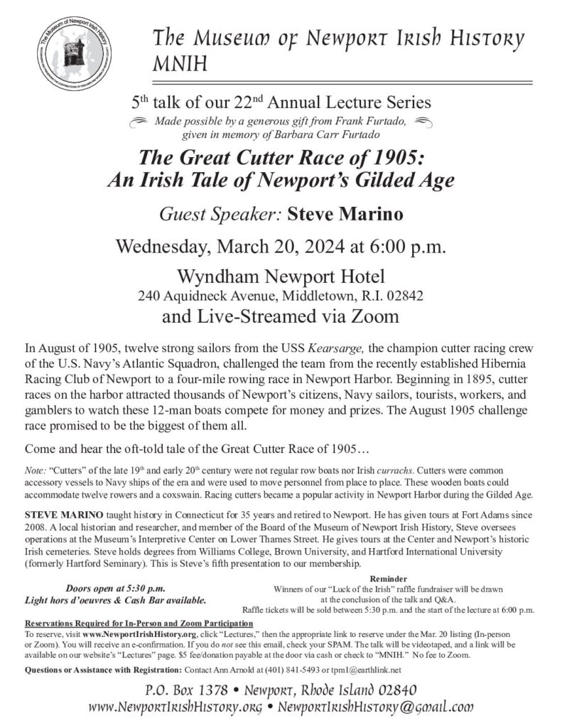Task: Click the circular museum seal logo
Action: [x=74, y=54]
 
